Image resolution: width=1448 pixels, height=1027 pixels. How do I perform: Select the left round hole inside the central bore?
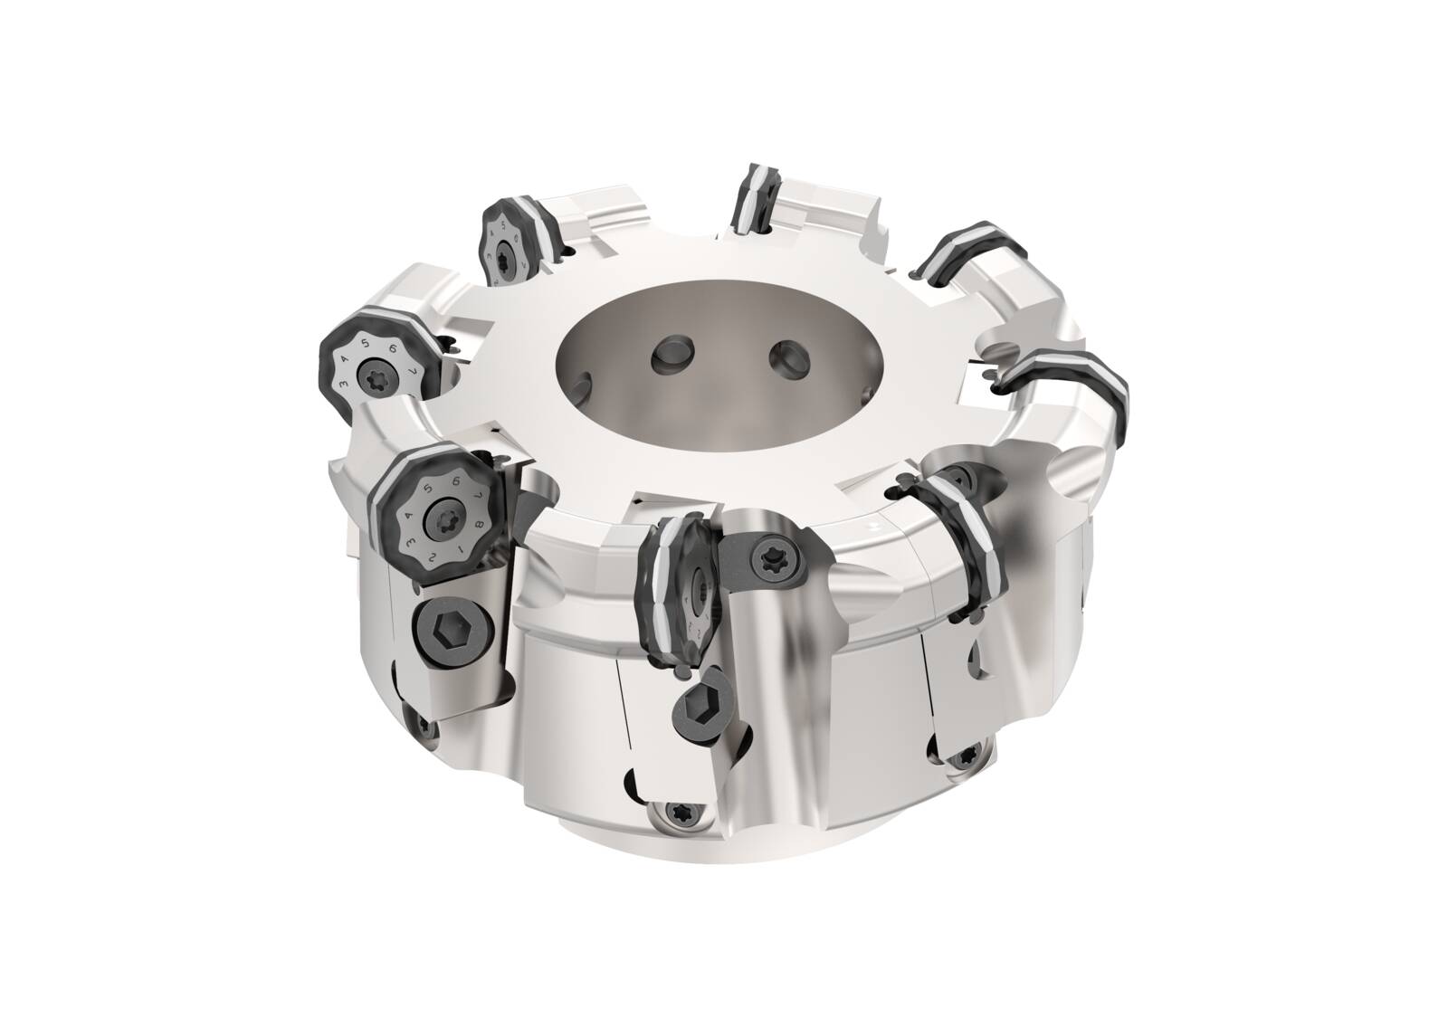click(x=674, y=353)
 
